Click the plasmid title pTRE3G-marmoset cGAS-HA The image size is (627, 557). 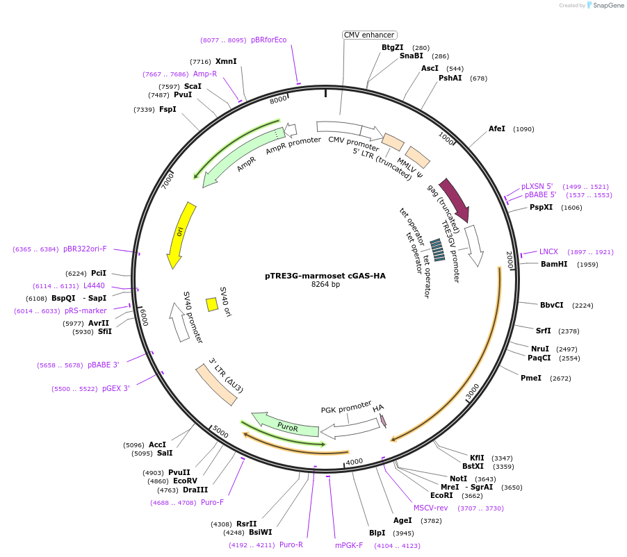coord(325,275)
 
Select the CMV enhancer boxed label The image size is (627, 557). coord(370,35)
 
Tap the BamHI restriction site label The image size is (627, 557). coord(554,264)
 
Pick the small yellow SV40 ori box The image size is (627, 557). coord(212,304)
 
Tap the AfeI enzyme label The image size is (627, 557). coord(497,128)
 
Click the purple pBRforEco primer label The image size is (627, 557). coord(268,40)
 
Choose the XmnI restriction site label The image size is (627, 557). coord(226,61)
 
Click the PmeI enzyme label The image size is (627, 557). coord(531,378)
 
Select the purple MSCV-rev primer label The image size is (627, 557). coord(431,508)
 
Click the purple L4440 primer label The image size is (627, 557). coord(94,285)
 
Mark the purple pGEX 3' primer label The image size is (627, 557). coord(116,388)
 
